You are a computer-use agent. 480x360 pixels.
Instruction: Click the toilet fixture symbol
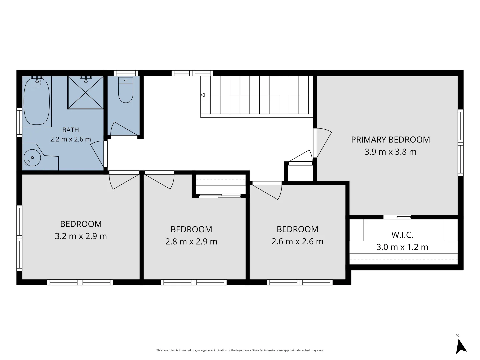coord(126,90)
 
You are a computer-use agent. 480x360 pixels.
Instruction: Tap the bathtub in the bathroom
coord(37,101)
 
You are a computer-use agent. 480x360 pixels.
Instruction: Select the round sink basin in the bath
coord(32,158)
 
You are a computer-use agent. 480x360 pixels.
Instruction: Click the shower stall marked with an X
coord(85,92)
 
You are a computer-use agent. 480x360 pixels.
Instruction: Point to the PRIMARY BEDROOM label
coord(390,140)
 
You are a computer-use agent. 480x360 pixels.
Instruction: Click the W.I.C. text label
coord(402,235)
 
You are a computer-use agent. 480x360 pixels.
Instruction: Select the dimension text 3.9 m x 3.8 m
coord(390,152)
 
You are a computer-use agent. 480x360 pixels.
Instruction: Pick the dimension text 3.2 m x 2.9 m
coord(81,236)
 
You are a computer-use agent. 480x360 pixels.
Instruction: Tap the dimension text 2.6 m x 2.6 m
coord(297,241)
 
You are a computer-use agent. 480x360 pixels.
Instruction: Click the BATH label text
coord(70,130)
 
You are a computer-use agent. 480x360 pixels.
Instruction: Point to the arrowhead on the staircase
coord(203,95)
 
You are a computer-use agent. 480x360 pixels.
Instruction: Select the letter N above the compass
coord(458,336)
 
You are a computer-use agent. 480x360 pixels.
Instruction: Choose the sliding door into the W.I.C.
coord(397,217)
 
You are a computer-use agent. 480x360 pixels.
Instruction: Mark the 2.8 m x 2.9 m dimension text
coord(191,242)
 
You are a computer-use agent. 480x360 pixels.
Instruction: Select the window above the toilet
coord(126,73)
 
